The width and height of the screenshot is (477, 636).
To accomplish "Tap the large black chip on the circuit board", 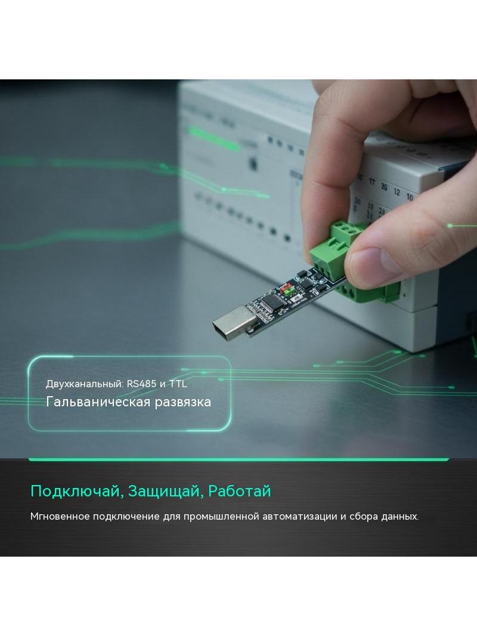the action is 270,302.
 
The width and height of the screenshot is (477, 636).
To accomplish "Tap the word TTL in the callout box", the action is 178,384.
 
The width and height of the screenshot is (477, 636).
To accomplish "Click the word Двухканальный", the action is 84,384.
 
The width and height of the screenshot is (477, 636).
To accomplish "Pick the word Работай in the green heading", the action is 239,491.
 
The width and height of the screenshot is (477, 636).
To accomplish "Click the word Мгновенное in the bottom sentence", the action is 60,516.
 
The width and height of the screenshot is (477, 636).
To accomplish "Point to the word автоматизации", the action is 299,517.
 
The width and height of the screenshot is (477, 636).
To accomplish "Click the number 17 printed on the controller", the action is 371,181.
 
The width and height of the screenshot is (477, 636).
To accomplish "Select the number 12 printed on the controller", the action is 397,192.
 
